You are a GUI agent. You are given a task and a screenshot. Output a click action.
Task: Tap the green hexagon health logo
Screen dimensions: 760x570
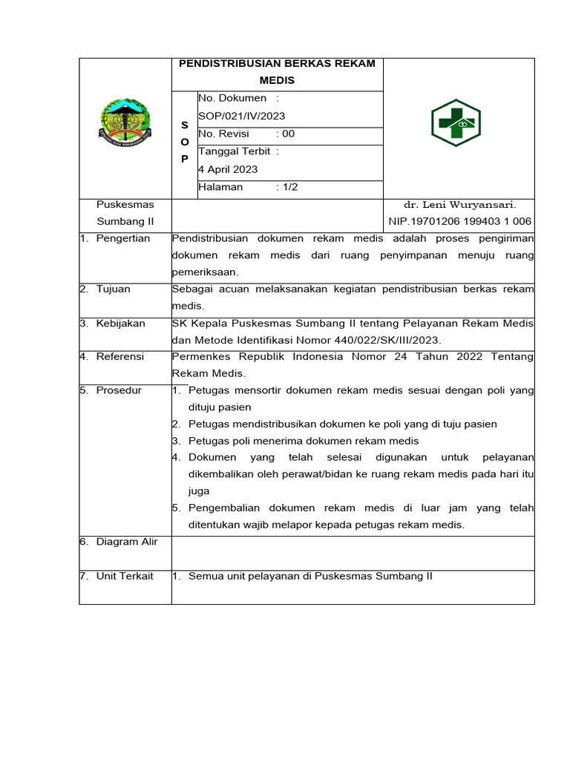click(x=456, y=122)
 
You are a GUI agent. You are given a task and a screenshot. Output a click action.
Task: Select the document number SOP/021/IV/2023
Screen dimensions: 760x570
click(x=241, y=117)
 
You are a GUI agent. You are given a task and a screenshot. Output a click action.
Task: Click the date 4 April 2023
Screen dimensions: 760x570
click(x=228, y=169)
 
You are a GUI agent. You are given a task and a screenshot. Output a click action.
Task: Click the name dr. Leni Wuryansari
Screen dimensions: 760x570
click(x=459, y=204)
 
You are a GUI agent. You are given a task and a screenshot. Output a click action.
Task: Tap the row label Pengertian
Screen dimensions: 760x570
click(x=123, y=238)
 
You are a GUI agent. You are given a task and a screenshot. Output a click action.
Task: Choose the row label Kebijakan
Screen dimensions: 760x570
click(x=121, y=323)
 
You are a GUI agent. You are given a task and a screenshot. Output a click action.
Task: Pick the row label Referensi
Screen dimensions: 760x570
click(x=120, y=357)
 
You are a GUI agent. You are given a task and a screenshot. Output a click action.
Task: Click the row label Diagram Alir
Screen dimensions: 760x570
click(x=127, y=542)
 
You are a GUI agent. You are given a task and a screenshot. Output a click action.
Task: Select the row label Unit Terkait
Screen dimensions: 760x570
click(x=125, y=576)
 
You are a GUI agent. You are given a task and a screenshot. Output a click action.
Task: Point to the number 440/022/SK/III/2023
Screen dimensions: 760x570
click(x=381, y=340)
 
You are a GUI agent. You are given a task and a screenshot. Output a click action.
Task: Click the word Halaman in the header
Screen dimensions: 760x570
click(x=220, y=187)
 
